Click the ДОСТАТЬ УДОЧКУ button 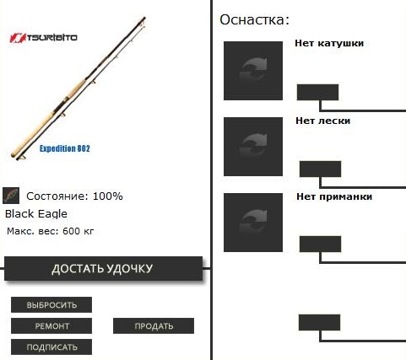(x=103, y=268)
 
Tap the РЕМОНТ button (x=51, y=326)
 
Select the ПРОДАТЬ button (x=154, y=326)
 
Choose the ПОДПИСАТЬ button (x=51, y=347)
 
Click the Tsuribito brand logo (x=43, y=38)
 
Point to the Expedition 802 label (x=65, y=148)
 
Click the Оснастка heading (x=254, y=20)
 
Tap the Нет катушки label (x=329, y=43)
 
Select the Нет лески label (x=322, y=121)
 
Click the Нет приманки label (x=334, y=196)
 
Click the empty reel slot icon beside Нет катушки (x=253, y=71)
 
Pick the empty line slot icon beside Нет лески (x=253, y=147)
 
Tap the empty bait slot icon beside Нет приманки (x=253, y=223)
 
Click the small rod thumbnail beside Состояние (x=11, y=196)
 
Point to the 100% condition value (x=108, y=196)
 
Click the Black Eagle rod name (x=36, y=214)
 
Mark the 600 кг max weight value (x=78, y=231)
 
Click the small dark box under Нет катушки (x=317, y=92)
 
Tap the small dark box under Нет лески (x=320, y=169)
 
